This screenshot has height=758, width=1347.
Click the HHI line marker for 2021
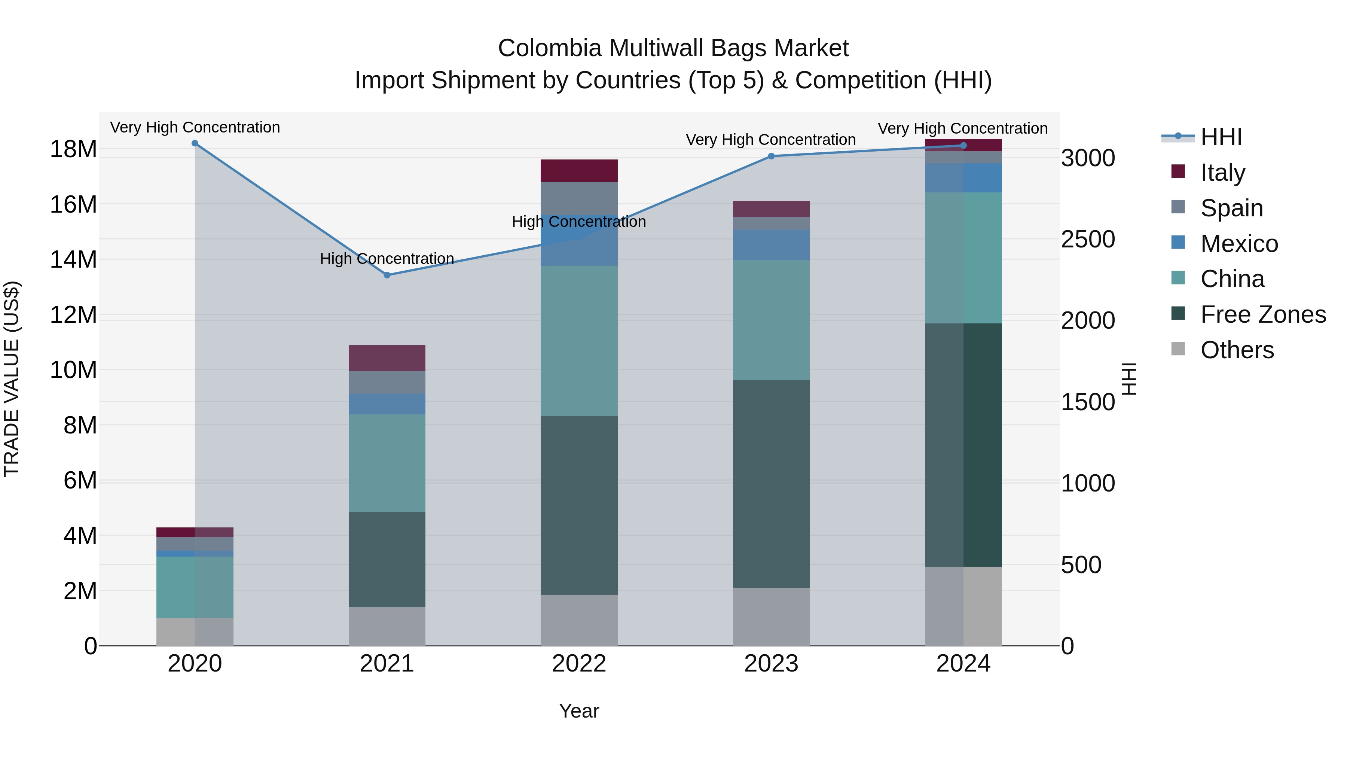[x=387, y=275]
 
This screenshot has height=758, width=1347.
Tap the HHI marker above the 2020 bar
[x=195, y=143]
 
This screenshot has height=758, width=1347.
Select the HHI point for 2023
[x=771, y=156]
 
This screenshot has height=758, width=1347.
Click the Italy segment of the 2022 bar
[x=579, y=171]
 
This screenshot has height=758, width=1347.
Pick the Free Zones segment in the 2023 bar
[x=771, y=484]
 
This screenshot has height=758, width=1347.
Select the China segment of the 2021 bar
[x=387, y=463]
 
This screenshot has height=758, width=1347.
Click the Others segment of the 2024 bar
[x=963, y=606]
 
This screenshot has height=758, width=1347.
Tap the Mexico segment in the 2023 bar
[x=771, y=245]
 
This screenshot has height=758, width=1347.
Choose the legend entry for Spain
[x=1231, y=208]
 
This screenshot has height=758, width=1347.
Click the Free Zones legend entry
[x=1263, y=314]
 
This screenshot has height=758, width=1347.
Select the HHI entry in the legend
[x=1221, y=137]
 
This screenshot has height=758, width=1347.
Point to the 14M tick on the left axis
[x=73, y=259]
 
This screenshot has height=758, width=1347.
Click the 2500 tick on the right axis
[x=1088, y=240]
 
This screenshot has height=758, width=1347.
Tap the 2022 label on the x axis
[x=579, y=664]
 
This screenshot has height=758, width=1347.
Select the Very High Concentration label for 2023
[x=771, y=140]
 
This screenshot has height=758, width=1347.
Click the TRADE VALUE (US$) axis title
[x=12, y=379]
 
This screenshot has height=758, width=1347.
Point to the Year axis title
[x=579, y=711]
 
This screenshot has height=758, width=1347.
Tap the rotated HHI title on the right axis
[x=1130, y=379]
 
